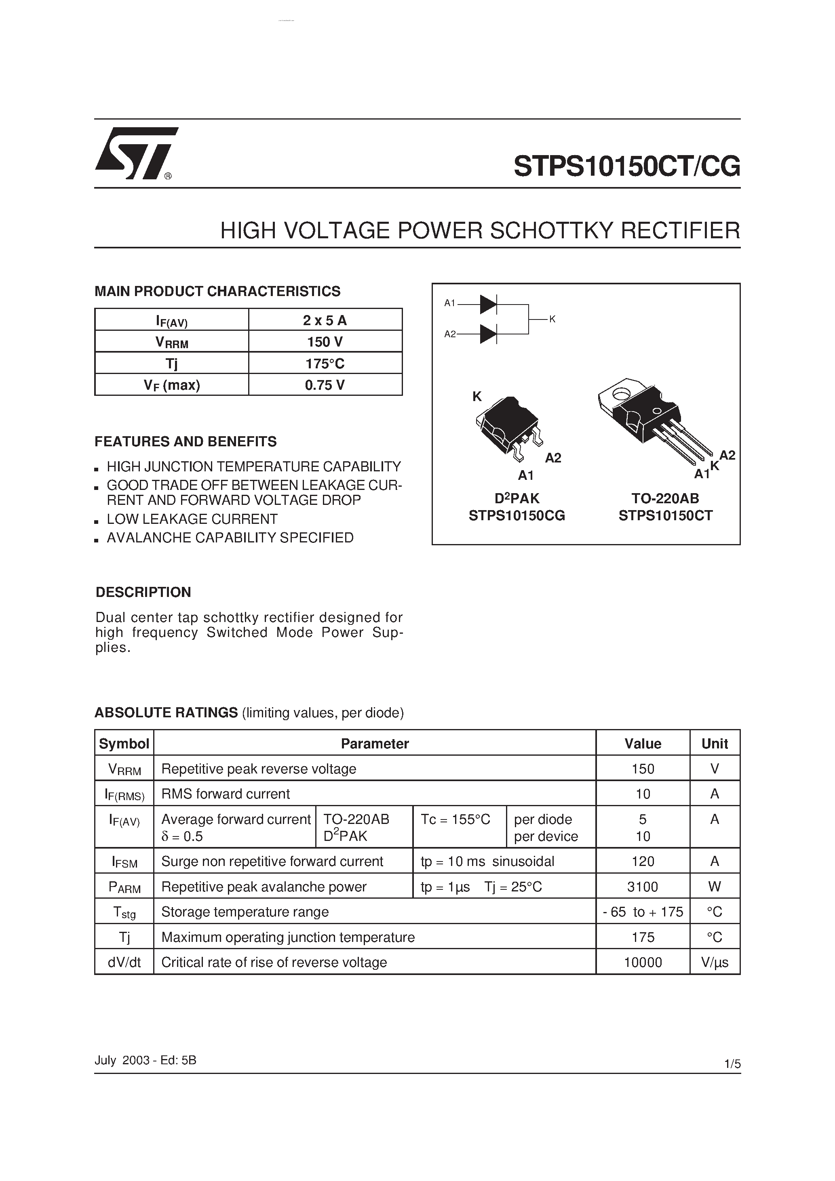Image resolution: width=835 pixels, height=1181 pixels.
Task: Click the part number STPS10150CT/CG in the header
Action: (626, 166)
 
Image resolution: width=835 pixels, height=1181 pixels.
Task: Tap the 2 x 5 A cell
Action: (325, 320)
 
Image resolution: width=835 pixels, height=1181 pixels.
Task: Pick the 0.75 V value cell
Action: (325, 385)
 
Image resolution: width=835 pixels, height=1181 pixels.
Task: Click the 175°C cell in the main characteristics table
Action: (325, 364)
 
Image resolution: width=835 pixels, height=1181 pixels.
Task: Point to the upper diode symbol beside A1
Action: (487, 305)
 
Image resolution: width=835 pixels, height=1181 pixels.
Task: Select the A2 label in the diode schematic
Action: (450, 334)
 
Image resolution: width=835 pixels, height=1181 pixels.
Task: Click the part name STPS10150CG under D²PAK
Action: (517, 515)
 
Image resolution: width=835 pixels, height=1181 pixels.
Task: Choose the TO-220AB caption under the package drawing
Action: (665, 498)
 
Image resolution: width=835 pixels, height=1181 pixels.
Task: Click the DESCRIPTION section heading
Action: (143, 592)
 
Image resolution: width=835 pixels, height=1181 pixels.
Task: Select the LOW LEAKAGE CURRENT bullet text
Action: (192, 519)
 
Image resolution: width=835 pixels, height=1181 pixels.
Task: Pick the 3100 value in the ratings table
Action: (643, 887)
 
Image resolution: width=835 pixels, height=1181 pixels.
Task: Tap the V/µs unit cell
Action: (715, 962)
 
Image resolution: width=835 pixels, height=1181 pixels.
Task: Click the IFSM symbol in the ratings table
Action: (124, 862)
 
